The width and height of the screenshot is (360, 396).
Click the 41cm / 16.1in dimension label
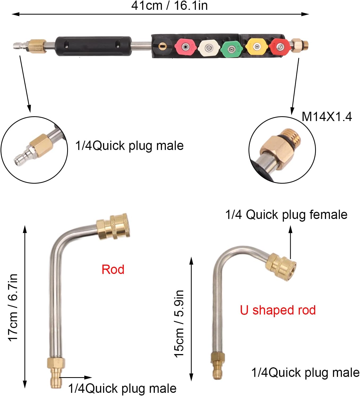[x=169, y=6]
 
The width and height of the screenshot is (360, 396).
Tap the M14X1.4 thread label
[x=327, y=117]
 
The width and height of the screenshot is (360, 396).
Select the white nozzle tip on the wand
[x=209, y=48]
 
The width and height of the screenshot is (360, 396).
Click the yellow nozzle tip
[x=256, y=47]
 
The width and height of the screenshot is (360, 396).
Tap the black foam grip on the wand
[x=93, y=46]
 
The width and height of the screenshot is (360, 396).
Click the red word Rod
[x=113, y=269]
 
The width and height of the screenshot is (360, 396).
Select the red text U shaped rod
[x=278, y=310]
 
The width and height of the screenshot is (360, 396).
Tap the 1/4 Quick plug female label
[x=286, y=214]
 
